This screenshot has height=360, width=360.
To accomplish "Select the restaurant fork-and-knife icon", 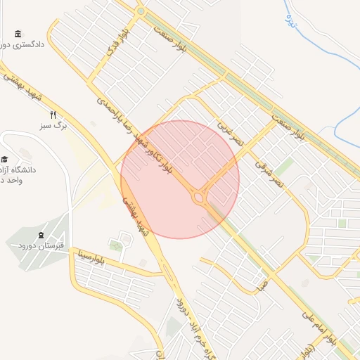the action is point(52,115).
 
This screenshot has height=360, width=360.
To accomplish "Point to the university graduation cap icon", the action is point(4,160).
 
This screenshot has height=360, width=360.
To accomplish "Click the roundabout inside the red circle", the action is point(199,198).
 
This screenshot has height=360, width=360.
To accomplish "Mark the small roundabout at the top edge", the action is point(141,11).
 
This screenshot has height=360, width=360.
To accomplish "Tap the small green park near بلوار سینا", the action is point(115,244).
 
